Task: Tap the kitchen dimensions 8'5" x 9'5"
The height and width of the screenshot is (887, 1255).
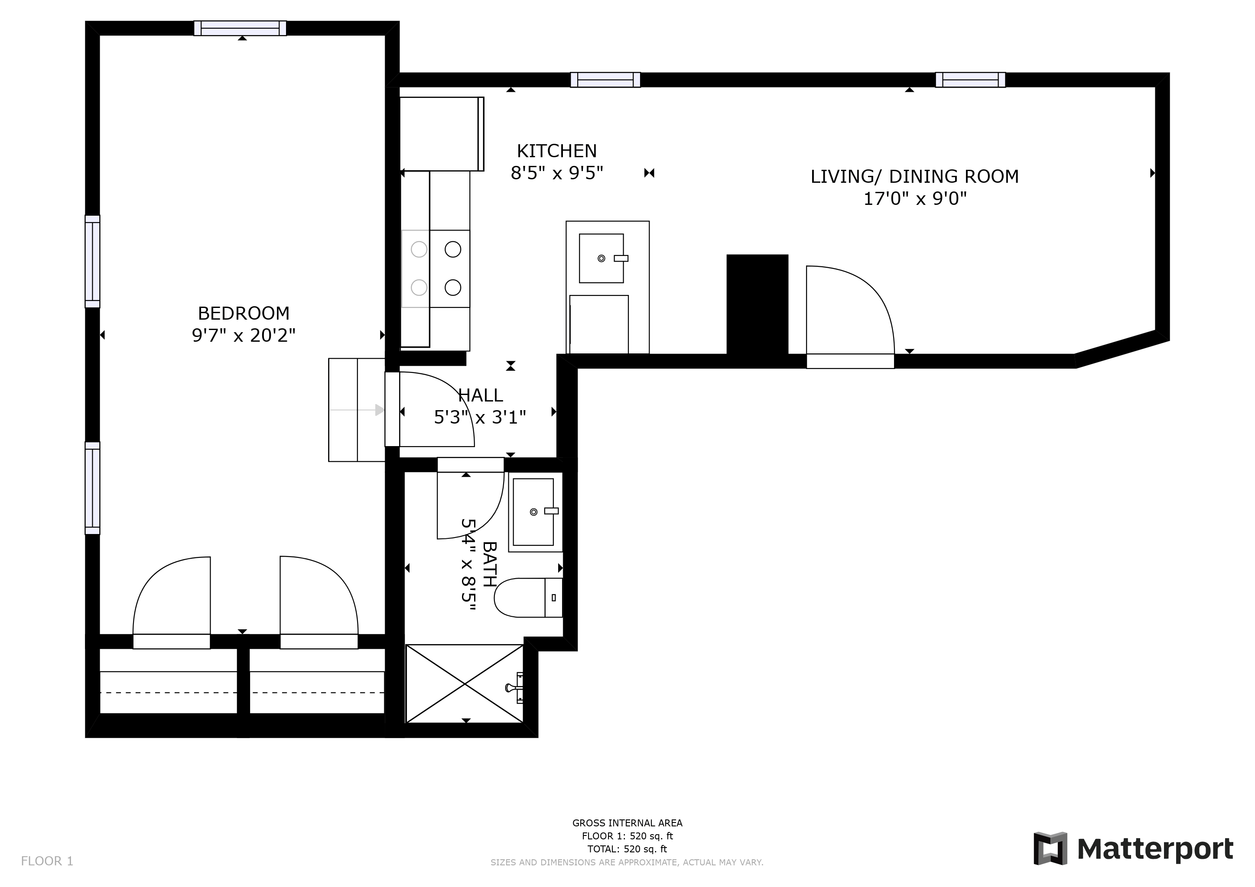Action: (556, 173)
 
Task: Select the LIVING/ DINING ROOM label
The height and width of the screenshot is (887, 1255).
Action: (914, 176)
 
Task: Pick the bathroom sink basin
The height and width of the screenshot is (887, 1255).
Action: (533, 512)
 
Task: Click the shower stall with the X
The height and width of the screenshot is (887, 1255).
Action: (464, 683)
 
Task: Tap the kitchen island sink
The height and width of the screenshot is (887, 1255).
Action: (601, 258)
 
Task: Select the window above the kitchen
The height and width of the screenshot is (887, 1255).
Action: (605, 80)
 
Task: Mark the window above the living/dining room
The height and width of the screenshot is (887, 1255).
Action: (970, 80)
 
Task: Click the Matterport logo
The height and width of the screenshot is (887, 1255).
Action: (1133, 849)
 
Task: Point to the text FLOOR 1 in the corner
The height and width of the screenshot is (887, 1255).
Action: (47, 861)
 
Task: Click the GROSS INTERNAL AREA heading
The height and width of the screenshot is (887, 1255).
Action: (627, 823)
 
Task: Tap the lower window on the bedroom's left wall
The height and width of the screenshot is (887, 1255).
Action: (92, 488)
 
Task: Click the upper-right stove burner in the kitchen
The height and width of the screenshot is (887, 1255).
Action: (452, 249)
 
